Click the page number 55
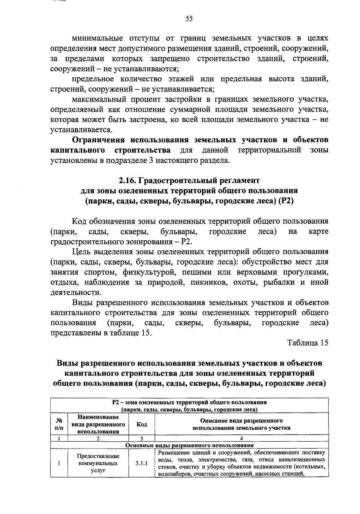point(189,19)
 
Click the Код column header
point(142,424)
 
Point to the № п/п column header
point(59,424)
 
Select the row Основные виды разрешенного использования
point(189,446)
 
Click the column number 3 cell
point(142,439)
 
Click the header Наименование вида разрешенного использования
point(98,424)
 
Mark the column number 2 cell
point(98,439)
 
